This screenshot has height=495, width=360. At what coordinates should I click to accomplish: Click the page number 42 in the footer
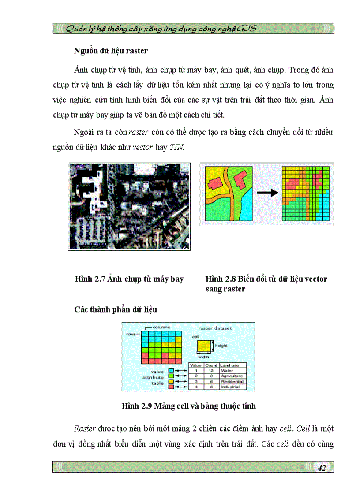click(321, 468)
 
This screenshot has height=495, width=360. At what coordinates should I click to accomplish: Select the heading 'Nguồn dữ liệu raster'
click(111, 51)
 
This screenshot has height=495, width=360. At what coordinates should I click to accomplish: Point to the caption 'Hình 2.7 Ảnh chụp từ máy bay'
click(129, 279)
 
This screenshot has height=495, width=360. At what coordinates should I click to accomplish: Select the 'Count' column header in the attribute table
click(211, 365)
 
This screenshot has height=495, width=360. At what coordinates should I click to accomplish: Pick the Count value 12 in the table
click(211, 371)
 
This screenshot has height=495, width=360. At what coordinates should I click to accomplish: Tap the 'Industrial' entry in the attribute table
click(230, 387)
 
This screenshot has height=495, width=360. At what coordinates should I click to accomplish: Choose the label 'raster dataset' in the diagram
click(215, 328)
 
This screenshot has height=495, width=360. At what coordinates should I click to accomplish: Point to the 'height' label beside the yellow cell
click(221, 346)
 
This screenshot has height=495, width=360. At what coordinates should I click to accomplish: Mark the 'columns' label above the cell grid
click(161, 327)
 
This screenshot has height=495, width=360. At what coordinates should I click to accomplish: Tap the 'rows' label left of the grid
click(131, 334)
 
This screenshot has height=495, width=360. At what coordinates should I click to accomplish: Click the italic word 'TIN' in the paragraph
click(176, 147)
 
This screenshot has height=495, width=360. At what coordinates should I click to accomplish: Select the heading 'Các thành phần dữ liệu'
click(116, 309)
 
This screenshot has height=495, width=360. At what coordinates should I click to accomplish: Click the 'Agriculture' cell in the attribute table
click(232, 376)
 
